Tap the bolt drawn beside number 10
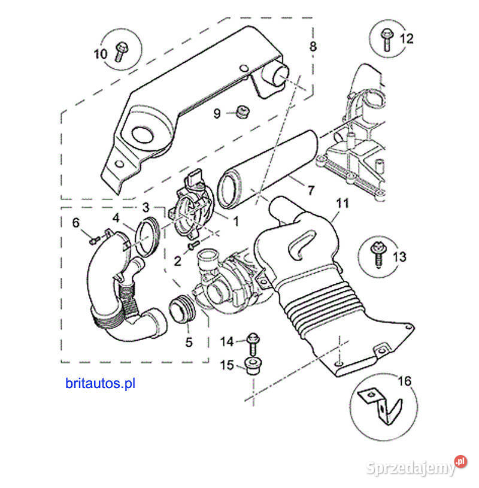[x=120, y=50]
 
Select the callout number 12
[x=407, y=39]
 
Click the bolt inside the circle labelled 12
[x=386, y=38]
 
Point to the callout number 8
[x=313, y=46]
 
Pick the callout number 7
[x=310, y=191]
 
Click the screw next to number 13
[x=379, y=255]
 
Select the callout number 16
[x=405, y=381]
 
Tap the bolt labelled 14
[x=252, y=342]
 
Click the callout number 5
[x=189, y=343]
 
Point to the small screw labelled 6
[x=93, y=241]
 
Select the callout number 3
[x=145, y=207]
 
